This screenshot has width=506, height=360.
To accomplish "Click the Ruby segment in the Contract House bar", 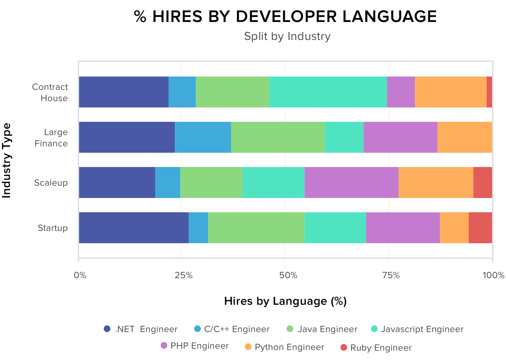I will click(489, 92).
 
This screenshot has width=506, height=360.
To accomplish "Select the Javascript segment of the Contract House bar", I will click(328, 92).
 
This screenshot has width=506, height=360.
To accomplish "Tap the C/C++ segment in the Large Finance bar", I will click(203, 137).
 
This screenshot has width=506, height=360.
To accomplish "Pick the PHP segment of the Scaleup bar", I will click(351, 182).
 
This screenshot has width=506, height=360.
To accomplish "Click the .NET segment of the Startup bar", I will click(134, 228).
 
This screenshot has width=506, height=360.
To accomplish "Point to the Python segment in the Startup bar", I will click(454, 228).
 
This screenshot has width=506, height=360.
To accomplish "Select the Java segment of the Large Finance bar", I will click(278, 137).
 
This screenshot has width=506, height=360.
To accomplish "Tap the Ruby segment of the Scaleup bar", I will click(482, 182).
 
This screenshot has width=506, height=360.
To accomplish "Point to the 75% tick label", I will click(391, 275).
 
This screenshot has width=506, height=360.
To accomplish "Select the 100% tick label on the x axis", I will click(493, 275).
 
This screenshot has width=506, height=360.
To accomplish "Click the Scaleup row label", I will click(51, 183).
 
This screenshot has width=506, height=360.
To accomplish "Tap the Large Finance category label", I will click(52, 138).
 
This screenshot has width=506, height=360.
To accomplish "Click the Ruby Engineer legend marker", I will click(344, 348).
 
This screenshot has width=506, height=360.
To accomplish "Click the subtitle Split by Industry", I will click(287, 36).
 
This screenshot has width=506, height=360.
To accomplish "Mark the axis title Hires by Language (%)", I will click(285, 301).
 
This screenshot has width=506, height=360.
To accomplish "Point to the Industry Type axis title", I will click(7, 161).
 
